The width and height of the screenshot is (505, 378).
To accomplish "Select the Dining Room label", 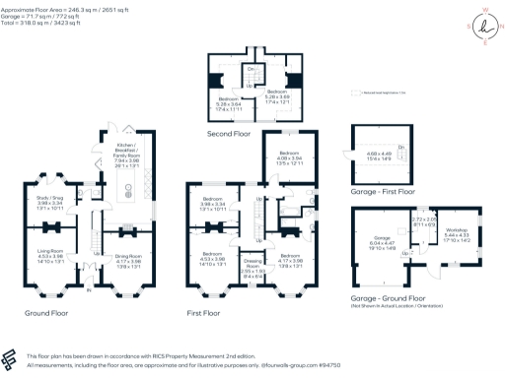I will [x=129, y=251].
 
